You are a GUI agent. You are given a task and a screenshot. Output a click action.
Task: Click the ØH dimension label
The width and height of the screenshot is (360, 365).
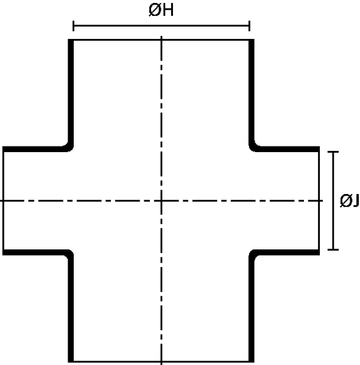click(x=161, y=10)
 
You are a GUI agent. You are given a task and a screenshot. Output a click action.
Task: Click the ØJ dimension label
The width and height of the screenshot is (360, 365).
click(x=349, y=200)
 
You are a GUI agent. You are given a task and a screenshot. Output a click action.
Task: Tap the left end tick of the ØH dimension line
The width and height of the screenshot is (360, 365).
click(x=74, y=26)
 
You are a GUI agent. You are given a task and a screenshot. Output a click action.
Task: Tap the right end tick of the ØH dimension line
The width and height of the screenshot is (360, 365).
click(x=250, y=26)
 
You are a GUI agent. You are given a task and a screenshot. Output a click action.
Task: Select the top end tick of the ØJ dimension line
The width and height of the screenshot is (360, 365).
click(x=333, y=151)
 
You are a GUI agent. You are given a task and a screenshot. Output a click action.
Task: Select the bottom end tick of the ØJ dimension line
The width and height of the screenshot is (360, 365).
click(x=333, y=249)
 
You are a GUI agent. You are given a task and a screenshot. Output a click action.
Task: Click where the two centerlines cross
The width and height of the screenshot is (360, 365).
click(x=161, y=200)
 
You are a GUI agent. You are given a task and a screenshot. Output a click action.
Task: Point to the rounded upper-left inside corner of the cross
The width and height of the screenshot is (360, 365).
click(x=70, y=148)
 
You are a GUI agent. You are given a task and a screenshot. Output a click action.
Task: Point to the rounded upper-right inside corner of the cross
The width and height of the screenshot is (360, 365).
click(x=253, y=148)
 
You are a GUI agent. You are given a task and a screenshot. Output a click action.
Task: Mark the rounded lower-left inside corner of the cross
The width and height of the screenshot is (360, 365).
click(x=70, y=253)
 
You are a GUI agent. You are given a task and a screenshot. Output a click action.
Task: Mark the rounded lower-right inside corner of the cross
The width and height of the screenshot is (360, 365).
click(x=253, y=253)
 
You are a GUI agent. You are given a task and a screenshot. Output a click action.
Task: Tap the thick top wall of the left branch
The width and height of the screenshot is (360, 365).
click(x=34, y=149)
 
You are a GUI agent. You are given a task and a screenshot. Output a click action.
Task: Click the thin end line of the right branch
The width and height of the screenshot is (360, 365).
click(x=319, y=201)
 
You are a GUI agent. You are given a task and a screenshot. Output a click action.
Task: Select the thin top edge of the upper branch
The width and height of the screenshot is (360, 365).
click(x=161, y=40)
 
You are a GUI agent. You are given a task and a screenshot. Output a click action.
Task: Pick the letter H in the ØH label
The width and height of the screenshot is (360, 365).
click(x=168, y=10)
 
